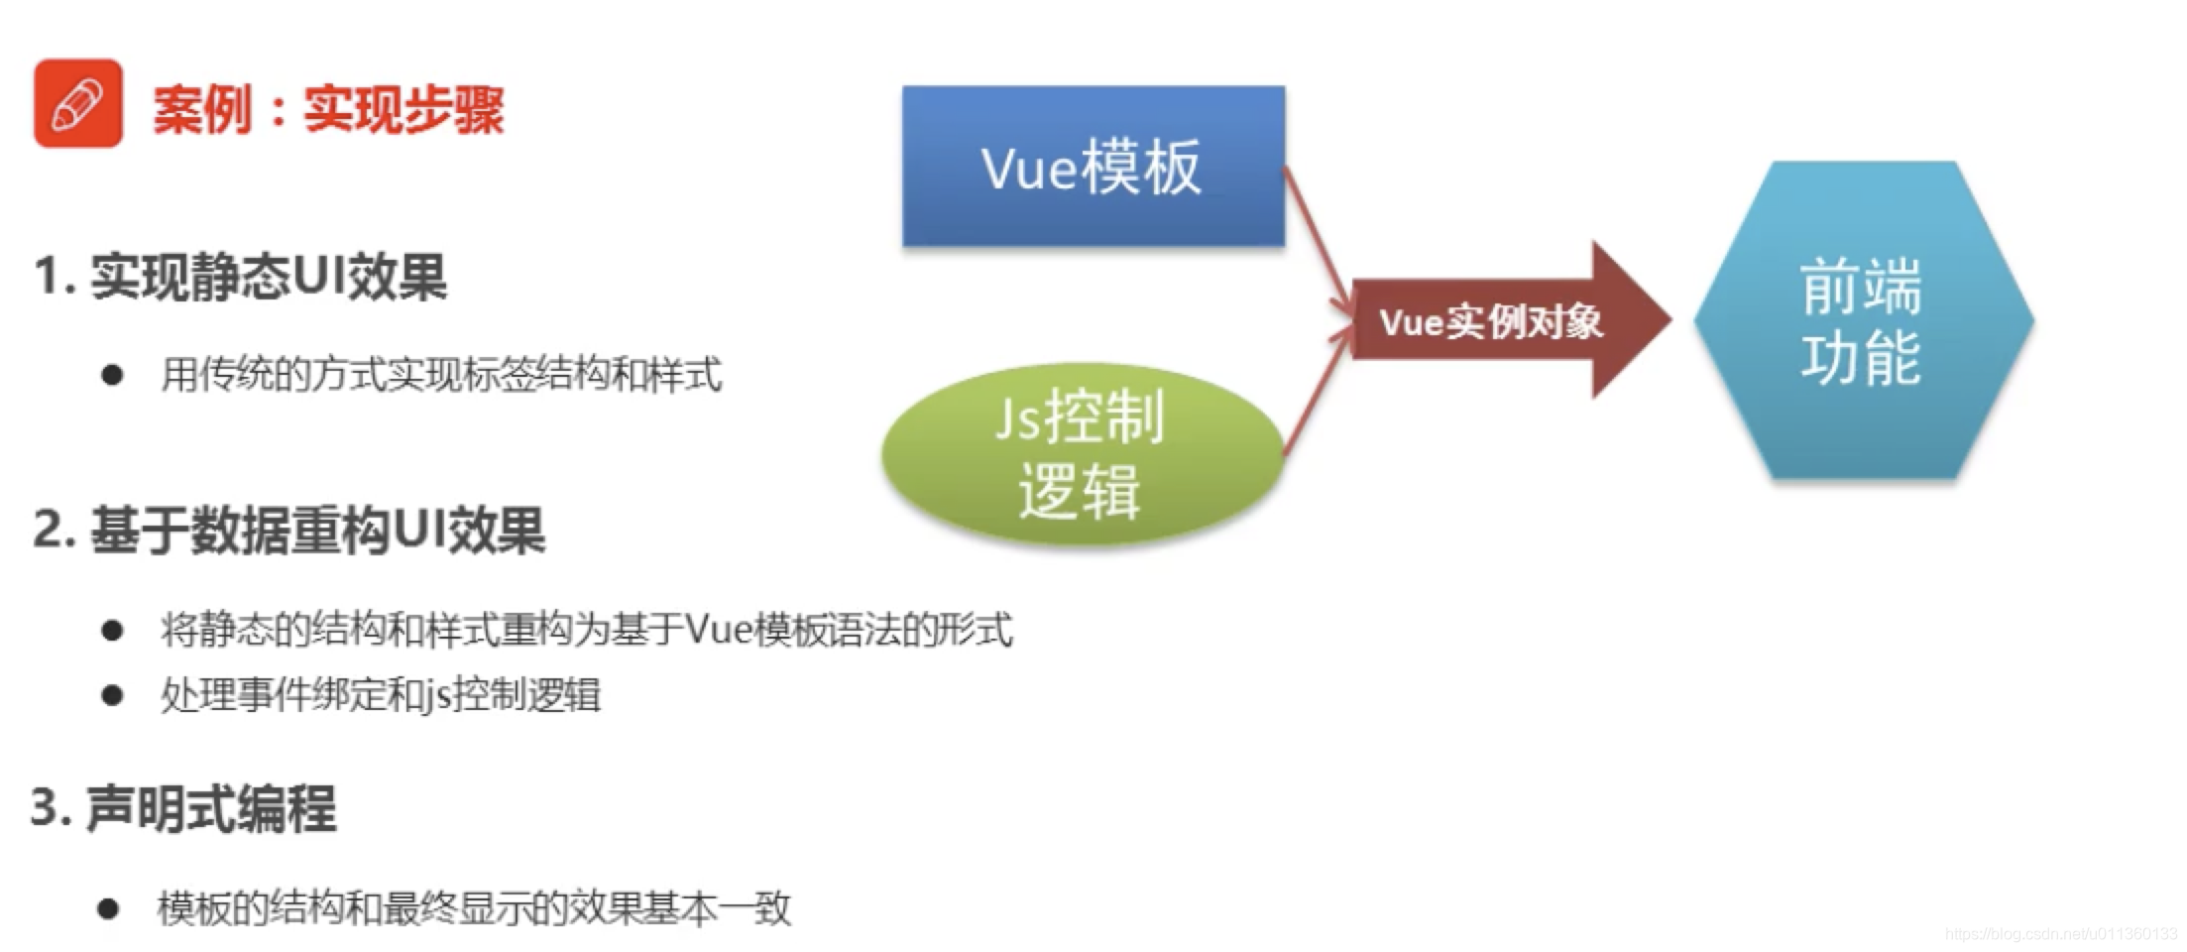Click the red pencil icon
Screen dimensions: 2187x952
78,103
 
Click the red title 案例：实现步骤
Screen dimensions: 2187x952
328,109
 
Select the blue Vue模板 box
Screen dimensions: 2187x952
1093,167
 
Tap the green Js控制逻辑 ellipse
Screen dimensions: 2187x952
1081,454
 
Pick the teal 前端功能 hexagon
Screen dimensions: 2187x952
1862,320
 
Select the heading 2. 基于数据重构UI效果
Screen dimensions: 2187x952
288,531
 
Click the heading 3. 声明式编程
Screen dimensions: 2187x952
184,808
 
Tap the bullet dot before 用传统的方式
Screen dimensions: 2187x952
112,375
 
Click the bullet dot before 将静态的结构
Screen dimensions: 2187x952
112,630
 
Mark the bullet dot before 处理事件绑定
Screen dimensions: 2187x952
112,695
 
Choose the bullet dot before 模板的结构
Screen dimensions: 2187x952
109,908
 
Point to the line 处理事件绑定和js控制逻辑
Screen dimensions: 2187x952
381,695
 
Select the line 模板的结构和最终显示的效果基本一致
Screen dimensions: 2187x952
474,908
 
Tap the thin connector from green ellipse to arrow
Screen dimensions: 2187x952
1317,392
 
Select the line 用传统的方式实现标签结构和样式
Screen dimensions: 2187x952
441,375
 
